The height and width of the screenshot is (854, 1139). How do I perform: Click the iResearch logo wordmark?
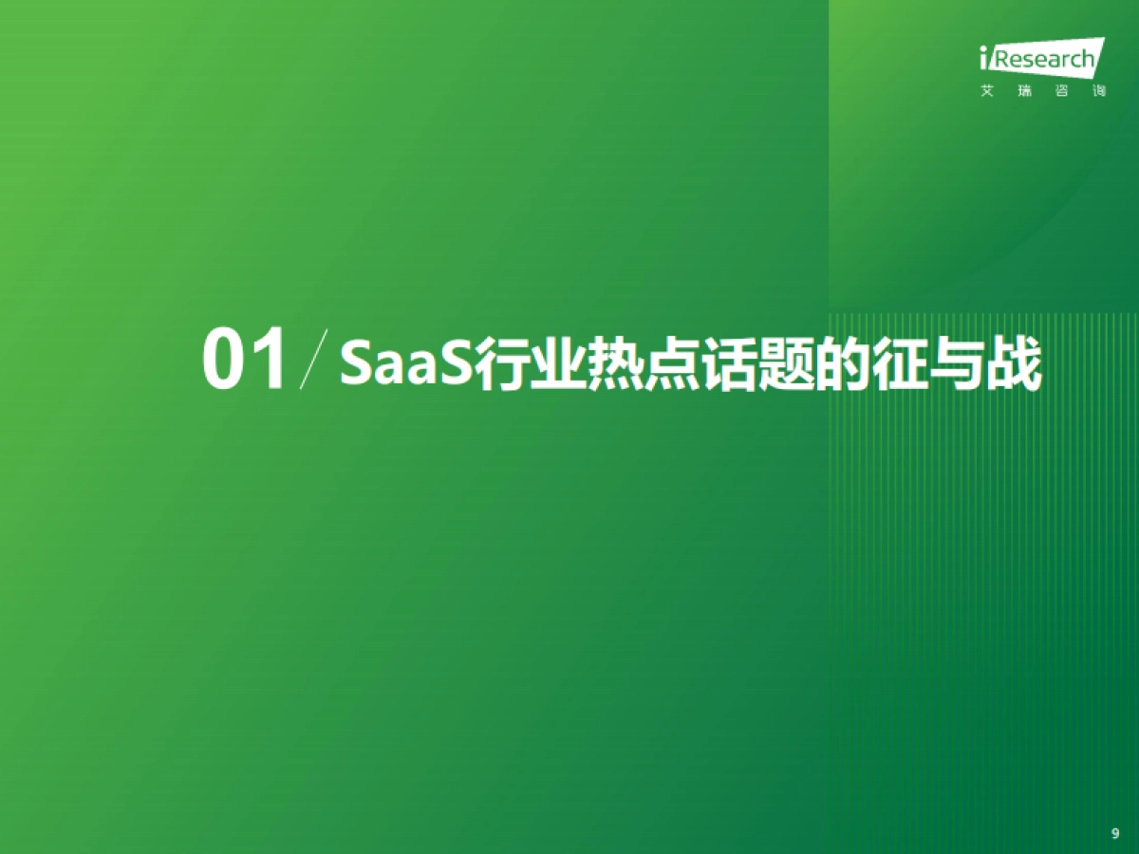(x=1040, y=59)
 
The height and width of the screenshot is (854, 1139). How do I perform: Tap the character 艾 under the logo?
(x=987, y=92)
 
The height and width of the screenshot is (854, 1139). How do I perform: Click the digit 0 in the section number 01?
(x=223, y=362)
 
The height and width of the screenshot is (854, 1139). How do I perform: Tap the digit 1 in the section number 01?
(x=267, y=362)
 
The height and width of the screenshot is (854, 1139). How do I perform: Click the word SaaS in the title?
(x=406, y=362)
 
